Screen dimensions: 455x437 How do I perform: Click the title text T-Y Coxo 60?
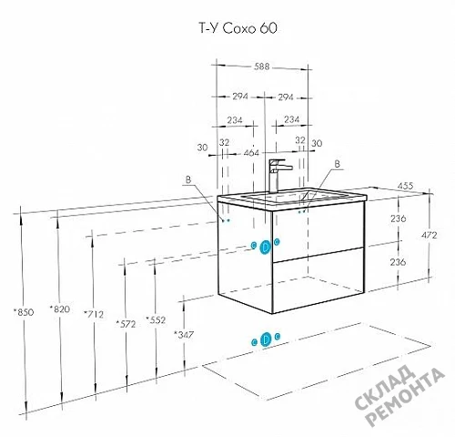[x=238, y=28]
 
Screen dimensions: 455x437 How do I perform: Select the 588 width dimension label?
[x=261, y=66]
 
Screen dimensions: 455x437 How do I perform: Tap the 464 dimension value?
[x=251, y=153]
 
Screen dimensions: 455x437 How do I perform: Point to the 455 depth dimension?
[x=405, y=186]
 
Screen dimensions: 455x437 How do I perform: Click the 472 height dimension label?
[x=429, y=235]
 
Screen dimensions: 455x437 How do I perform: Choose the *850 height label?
[x=24, y=312]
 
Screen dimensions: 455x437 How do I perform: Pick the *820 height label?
[x=60, y=310]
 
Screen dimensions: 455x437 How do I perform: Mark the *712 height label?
[x=94, y=314]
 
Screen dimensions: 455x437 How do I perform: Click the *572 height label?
[x=126, y=324]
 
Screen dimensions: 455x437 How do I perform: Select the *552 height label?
[x=156, y=320]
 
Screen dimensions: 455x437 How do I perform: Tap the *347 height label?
[x=183, y=335]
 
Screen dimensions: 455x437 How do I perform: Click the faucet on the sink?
[x=278, y=176]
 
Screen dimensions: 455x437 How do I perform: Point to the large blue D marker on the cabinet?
[x=266, y=248]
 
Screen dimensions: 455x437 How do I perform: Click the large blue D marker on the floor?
[x=266, y=339]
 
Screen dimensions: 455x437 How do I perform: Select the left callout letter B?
[x=188, y=179]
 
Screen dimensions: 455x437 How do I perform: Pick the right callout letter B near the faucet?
[x=337, y=164]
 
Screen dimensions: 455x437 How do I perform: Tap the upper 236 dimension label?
[x=398, y=218]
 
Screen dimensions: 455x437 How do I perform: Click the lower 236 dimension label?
[x=398, y=262]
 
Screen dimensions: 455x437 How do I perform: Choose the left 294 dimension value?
[x=240, y=97]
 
